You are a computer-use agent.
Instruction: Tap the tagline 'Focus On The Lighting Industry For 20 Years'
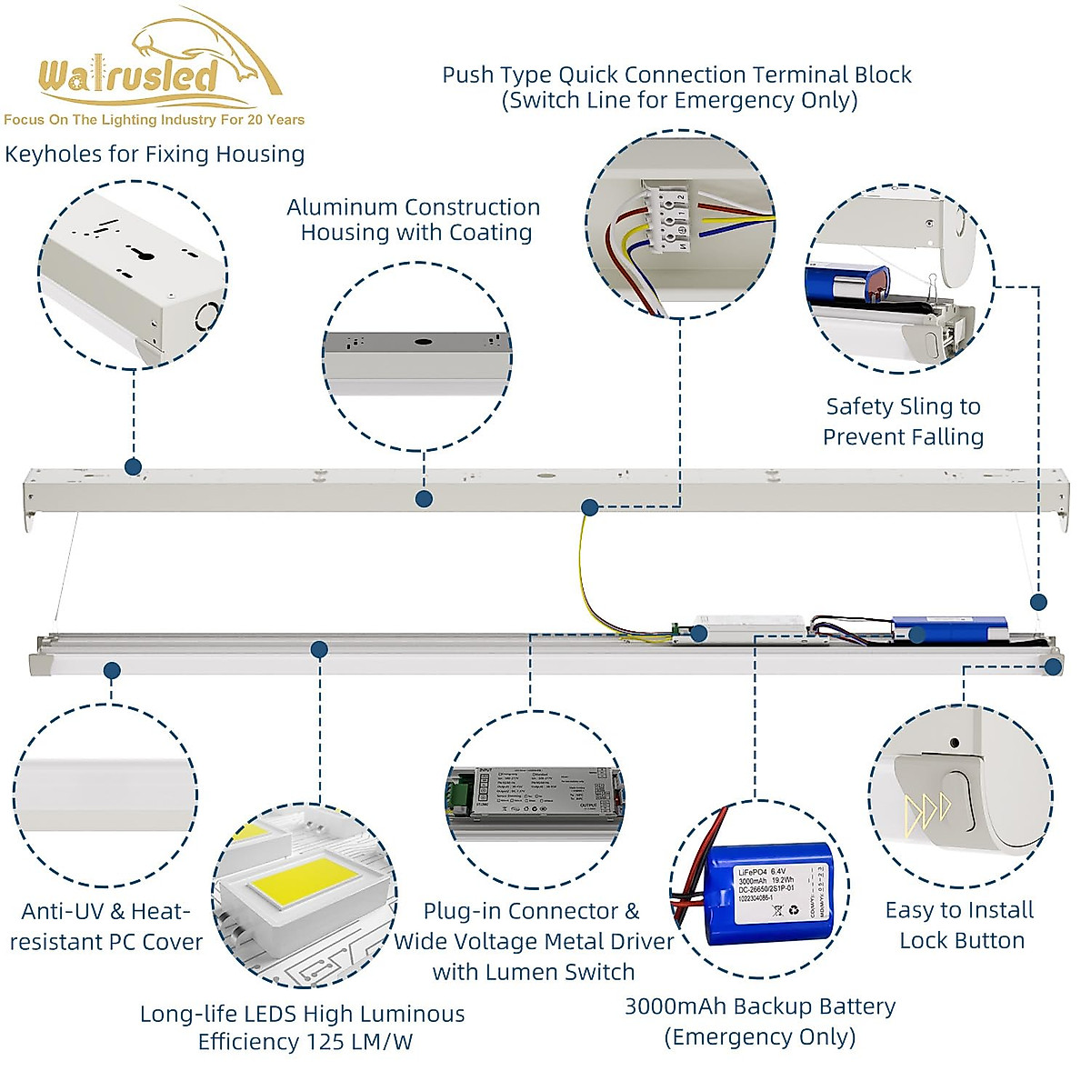(x=154, y=120)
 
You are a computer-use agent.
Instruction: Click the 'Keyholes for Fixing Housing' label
(x=155, y=154)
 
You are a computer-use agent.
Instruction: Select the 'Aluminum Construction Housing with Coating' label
(x=415, y=220)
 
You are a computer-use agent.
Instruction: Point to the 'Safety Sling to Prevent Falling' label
(x=903, y=421)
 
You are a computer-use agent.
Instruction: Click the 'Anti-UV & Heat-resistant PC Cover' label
(x=105, y=926)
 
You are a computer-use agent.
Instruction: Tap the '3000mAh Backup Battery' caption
(x=760, y=1006)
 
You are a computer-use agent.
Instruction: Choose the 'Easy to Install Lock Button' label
(x=961, y=925)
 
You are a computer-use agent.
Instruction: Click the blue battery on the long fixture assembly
(x=949, y=627)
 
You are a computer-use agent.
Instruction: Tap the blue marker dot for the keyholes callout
(x=134, y=467)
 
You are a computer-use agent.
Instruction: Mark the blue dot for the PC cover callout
(x=112, y=671)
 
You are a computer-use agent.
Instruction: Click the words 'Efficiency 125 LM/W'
(x=305, y=1042)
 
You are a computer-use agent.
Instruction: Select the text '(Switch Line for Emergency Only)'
(x=679, y=100)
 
